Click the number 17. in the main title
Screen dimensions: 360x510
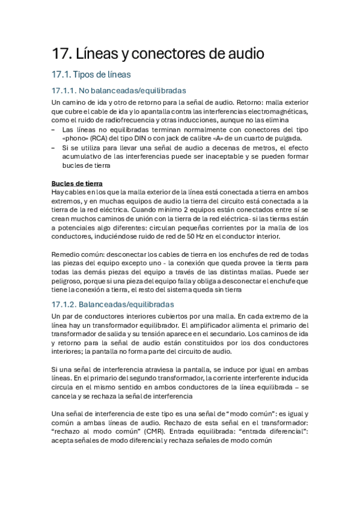pyautogui.click(x=61, y=54)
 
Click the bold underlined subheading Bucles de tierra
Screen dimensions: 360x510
pyautogui.click(x=77, y=183)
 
